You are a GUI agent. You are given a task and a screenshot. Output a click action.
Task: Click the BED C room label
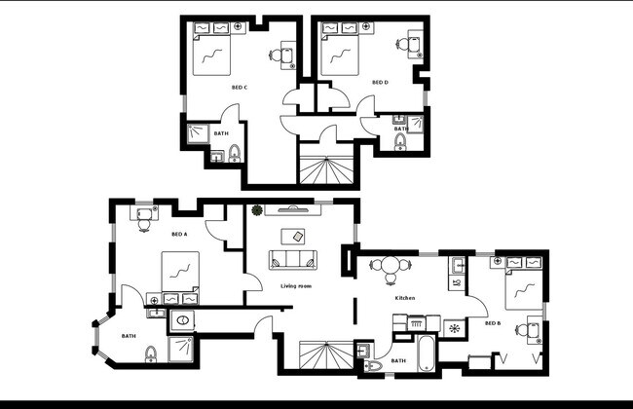coord(239,88)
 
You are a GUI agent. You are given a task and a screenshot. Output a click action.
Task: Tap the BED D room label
coord(380,83)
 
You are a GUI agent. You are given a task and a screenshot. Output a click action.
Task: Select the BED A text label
coord(179,234)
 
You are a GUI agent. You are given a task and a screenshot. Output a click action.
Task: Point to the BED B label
coord(493,322)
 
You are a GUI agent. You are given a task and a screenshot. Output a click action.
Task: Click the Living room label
coord(295,285)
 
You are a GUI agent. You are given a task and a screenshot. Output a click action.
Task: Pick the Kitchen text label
coord(405,298)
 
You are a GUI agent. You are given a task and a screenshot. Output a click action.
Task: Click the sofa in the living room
coord(293,260)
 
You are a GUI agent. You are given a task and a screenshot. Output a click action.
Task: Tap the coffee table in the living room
coord(292,236)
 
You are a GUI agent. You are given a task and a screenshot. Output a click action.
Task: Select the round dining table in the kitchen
coord(391,264)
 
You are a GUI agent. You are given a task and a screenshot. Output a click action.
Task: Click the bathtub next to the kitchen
coord(426,354)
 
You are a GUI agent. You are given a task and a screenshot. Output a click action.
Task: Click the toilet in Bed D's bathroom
coord(400,143)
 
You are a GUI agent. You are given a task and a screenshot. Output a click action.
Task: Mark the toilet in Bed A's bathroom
coord(151,353)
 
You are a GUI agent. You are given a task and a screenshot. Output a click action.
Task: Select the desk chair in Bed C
coord(288,56)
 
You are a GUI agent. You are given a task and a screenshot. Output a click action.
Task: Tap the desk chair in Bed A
coord(145,222)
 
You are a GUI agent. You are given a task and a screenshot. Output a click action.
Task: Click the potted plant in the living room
coord(257,209)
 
